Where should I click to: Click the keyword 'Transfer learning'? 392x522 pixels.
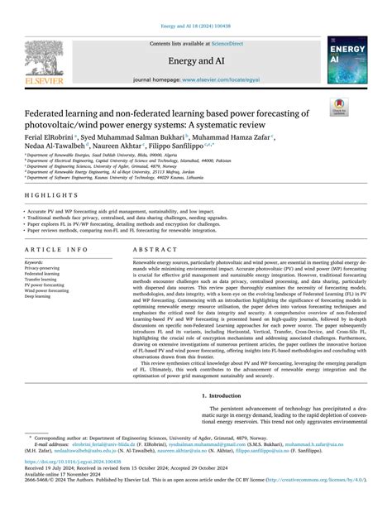[44, 279]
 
